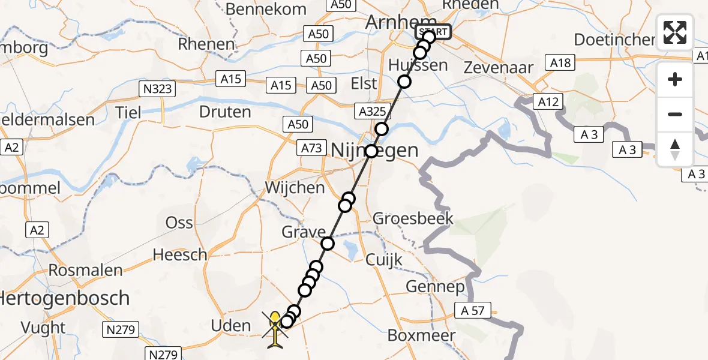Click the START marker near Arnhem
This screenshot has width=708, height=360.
tap(433, 31)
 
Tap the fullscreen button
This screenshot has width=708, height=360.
tap(675, 32)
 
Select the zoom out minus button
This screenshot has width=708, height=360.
tap(675, 114)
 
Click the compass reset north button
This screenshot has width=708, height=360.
tap(675, 149)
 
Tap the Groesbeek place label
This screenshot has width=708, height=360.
tap(413, 218)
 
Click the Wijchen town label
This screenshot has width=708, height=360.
tap(295, 188)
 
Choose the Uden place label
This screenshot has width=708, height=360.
tap(231, 326)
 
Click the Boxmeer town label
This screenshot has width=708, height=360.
tap(422, 335)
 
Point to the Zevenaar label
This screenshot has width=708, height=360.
tap(499, 68)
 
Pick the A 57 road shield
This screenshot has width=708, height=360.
tap(476, 311)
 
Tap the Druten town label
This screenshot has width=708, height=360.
tap(225, 112)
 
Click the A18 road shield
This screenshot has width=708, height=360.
tap(559, 62)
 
